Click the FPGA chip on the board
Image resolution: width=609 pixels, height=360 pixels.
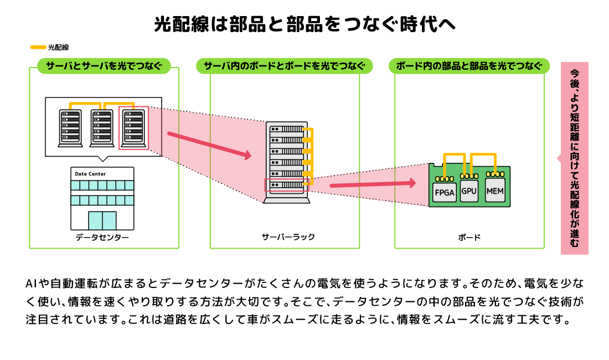[x=445, y=192]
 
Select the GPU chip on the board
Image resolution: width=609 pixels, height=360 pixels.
[x=469, y=191]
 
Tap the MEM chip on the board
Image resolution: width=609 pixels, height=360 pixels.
[x=495, y=191]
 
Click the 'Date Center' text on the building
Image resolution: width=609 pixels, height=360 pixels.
[x=90, y=174]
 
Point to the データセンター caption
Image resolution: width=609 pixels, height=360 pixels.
[x=102, y=237]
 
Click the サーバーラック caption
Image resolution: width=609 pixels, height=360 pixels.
[x=288, y=237]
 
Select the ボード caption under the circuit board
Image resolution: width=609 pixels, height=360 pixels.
[x=469, y=237]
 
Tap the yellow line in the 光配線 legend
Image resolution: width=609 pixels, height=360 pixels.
[x=38, y=48]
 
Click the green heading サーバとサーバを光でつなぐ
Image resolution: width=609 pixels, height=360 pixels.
[x=104, y=66]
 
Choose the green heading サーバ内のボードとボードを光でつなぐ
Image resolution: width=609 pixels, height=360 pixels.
[x=285, y=66]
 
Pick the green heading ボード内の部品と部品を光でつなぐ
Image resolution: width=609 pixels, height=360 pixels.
[x=469, y=66]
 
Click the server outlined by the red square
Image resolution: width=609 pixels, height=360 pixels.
[x=133, y=128]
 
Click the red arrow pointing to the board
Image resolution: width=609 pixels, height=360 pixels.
[x=373, y=184]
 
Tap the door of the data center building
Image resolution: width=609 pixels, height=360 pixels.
[x=102, y=220]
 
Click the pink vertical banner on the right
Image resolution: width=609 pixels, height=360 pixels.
[x=575, y=158]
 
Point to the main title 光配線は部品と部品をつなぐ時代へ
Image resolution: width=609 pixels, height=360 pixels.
[x=304, y=24]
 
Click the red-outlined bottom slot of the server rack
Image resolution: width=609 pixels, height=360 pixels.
[x=287, y=185]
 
